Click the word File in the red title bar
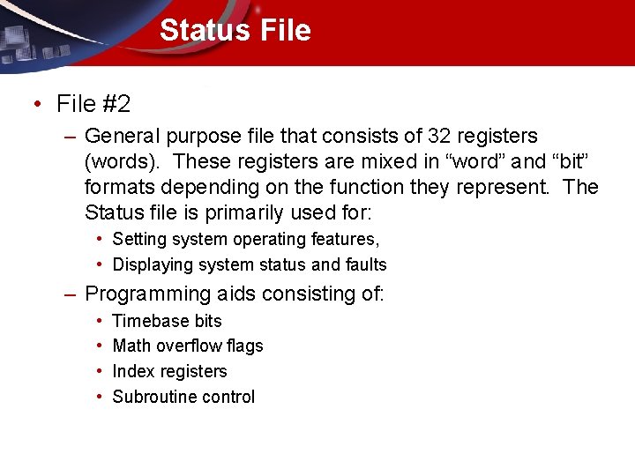285,30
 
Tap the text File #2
93,104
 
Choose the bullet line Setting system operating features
246,239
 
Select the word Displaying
153,264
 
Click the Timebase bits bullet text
167,321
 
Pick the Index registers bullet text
169,371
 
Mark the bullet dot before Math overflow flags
101,346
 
